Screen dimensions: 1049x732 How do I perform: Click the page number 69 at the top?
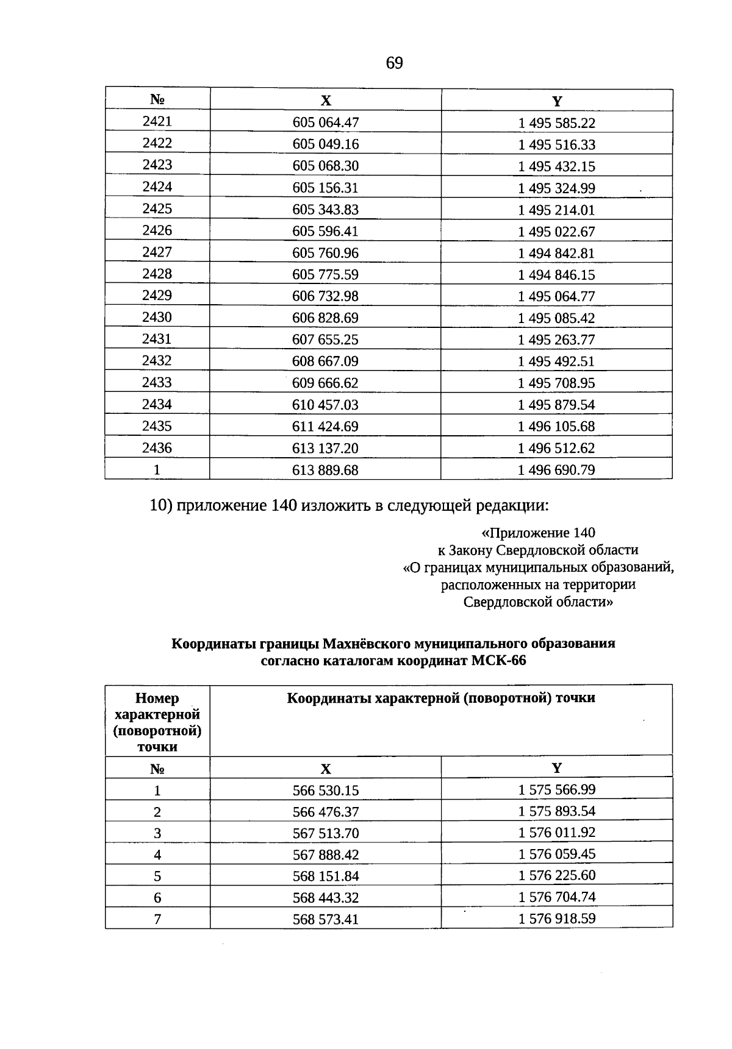click(394, 63)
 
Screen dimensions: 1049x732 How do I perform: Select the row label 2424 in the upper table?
click(157, 187)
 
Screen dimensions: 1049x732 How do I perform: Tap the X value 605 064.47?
click(326, 123)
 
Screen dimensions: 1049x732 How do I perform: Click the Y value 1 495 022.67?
click(556, 232)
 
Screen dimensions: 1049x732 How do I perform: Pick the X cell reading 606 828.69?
click(326, 318)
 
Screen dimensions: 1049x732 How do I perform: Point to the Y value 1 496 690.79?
click(556, 470)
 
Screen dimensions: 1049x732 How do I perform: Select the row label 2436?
click(157, 448)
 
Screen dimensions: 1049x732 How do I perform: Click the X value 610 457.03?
click(326, 405)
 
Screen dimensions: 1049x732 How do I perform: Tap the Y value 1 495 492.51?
click(556, 361)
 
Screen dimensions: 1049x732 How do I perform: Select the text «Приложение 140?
click(538, 533)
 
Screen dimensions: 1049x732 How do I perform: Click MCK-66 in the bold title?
click(498, 661)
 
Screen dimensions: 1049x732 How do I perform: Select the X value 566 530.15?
click(326, 791)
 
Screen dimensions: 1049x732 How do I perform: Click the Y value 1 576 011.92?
click(556, 833)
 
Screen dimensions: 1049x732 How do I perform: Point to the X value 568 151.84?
click(326, 876)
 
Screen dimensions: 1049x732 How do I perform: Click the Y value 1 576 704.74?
click(556, 897)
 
